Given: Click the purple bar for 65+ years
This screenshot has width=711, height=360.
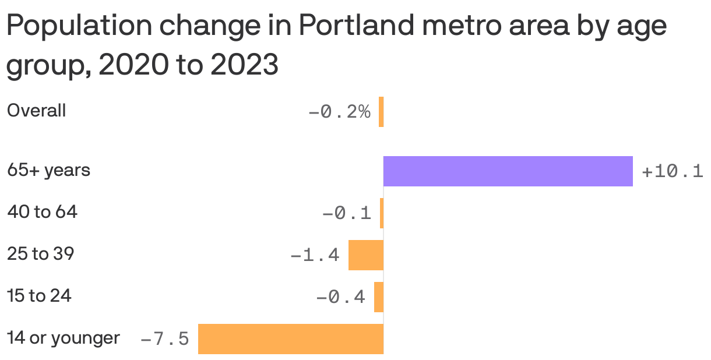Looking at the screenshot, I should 508,171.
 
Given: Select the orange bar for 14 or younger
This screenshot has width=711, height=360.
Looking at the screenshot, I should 291,338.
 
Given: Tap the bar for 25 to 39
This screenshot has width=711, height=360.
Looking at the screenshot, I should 366,255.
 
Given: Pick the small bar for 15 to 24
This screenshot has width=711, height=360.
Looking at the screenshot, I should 379,297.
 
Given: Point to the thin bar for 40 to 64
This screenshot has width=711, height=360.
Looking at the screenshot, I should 382,213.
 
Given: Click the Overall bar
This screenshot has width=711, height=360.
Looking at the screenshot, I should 381,112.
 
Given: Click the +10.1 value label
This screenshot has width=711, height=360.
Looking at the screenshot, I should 672,172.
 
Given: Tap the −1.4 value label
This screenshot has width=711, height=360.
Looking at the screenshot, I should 315,255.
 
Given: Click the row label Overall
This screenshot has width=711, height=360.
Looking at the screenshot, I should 36,111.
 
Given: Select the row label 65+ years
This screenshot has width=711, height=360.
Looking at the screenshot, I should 48,171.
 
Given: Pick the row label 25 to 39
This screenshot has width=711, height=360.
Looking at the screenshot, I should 40,254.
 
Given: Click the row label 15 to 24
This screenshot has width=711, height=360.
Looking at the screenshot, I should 39,296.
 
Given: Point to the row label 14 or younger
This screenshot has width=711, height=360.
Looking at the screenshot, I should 63,338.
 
